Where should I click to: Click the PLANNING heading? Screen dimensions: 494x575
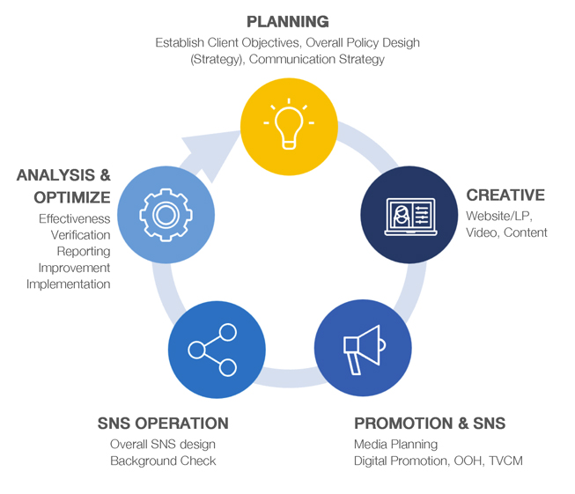pyautogui.click(x=288, y=21)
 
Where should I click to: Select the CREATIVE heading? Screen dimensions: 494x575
pyautogui.click(x=505, y=195)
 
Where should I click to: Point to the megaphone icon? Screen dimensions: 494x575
pyautogui.click(x=362, y=345)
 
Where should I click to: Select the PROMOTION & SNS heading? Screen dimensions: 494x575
pyautogui.click(x=430, y=424)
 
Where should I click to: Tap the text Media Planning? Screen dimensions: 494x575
pyautogui.click(x=395, y=445)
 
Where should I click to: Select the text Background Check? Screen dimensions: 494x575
pyautogui.click(x=163, y=461)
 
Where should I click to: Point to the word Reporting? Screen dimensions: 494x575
pyautogui.click(x=84, y=252)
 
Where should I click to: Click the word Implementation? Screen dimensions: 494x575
pyautogui.click(x=69, y=284)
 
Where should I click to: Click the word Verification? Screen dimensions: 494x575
pyautogui.click(x=80, y=235)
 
